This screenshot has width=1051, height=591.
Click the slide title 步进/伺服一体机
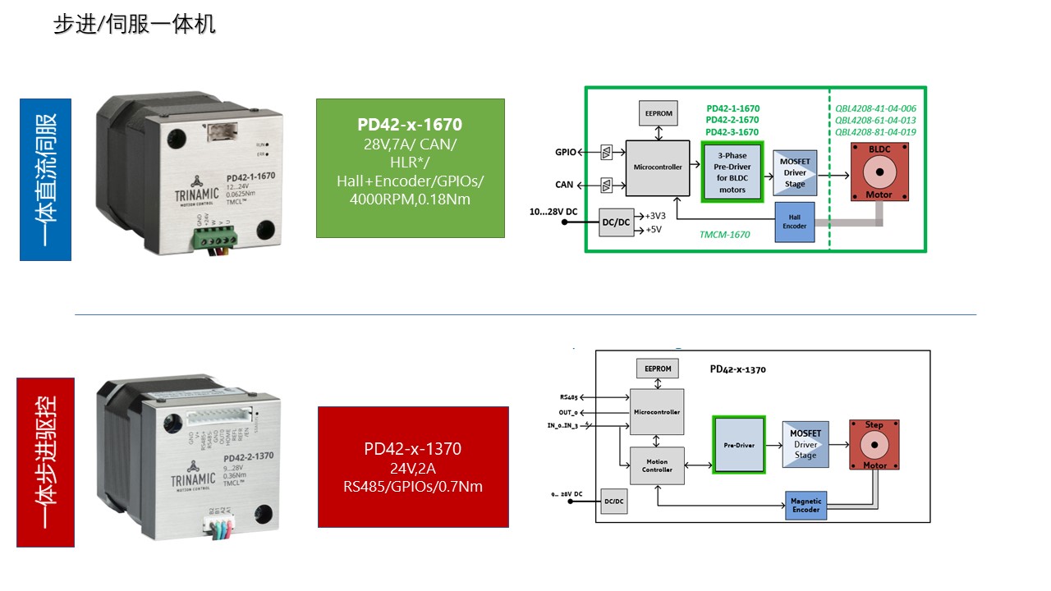(135, 25)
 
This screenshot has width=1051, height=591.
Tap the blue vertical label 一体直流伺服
(45, 179)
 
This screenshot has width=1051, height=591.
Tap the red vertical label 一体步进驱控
(45, 461)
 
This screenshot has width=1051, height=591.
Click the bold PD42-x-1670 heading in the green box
(410, 125)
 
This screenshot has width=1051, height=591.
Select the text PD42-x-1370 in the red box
(413, 449)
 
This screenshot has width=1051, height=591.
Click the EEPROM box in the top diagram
(659, 112)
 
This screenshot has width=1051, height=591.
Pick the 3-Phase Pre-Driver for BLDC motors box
(732, 172)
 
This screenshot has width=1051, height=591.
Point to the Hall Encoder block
(795, 222)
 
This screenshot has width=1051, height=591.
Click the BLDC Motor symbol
(879, 172)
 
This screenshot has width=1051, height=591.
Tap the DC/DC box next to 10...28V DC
(617, 222)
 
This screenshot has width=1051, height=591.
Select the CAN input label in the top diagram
(564, 186)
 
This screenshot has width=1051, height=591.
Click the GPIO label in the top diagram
(566, 152)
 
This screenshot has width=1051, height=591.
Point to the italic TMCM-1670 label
(724, 235)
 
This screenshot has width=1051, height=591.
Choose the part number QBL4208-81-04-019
(875, 132)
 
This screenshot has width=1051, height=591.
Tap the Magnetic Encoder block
(805, 505)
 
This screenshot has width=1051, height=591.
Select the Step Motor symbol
(874, 445)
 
